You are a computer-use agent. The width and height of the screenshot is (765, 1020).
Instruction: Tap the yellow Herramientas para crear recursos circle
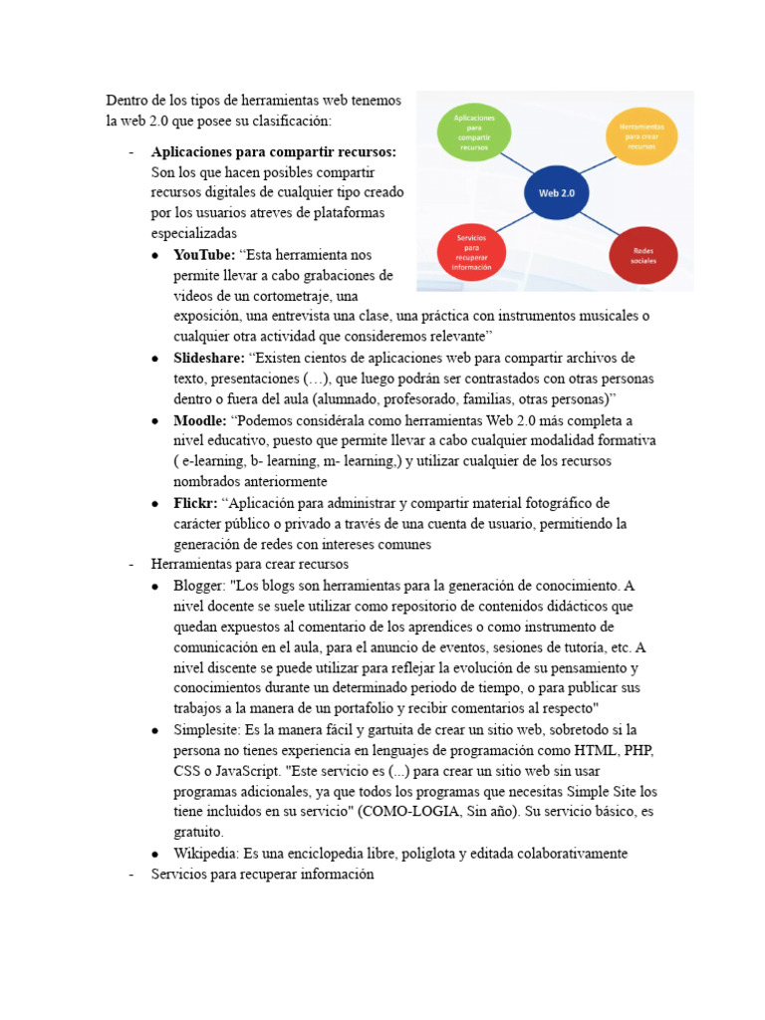641,136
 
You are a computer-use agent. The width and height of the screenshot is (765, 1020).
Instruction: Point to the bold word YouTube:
204,255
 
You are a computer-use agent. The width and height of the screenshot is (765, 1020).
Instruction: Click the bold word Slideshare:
209,358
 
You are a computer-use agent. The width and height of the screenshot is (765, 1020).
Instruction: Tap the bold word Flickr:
195,503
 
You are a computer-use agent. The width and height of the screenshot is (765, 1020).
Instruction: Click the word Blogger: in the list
199,586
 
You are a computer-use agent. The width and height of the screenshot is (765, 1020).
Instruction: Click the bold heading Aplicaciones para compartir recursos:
273,151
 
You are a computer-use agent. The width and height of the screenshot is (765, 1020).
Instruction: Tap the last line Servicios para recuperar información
262,875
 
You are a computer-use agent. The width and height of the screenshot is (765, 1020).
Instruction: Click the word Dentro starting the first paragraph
127,101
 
